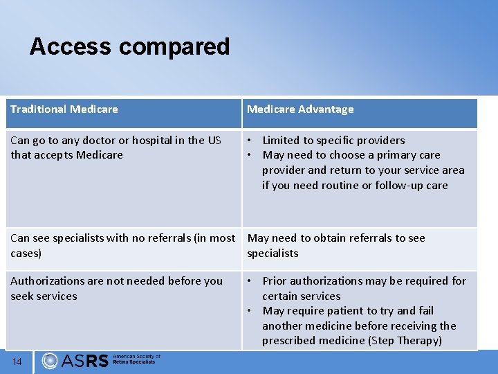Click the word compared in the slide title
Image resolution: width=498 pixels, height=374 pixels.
(174, 47)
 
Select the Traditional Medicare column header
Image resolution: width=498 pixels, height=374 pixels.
(64, 109)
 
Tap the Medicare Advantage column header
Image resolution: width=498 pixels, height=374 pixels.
(300, 109)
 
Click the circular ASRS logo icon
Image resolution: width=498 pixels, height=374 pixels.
(50, 361)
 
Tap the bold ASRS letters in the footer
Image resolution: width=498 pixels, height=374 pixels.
(84, 361)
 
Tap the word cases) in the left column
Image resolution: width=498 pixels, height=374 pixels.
(26, 253)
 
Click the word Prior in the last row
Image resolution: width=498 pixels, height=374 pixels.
(275, 281)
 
